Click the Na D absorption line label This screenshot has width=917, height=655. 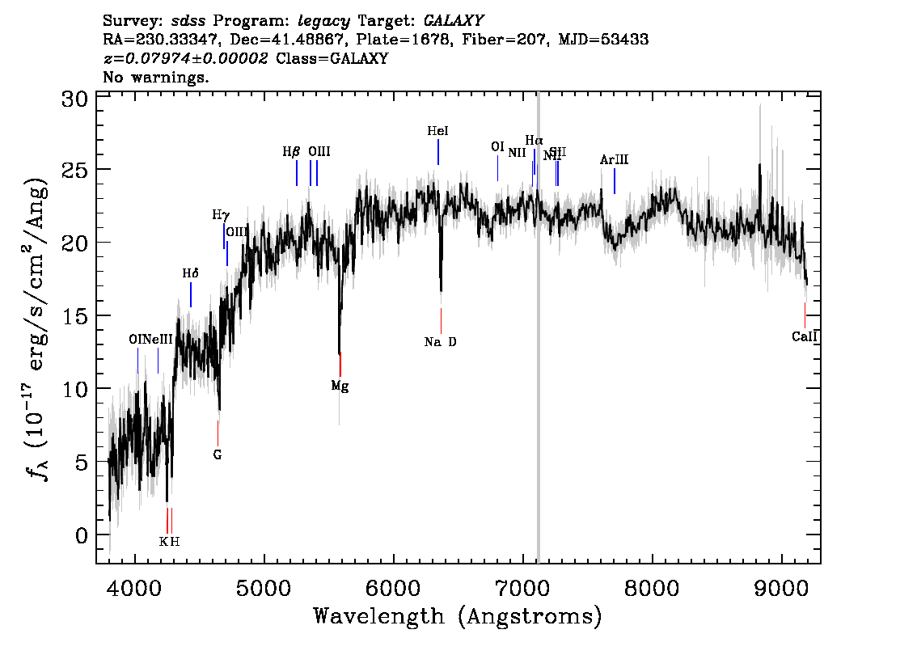pos(440,342)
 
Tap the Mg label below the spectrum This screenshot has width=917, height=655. pos(340,387)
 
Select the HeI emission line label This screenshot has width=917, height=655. pos(437,130)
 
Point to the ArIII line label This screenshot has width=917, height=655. pos(614,160)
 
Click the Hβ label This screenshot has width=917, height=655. pos(291,151)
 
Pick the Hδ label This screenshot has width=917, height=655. pos(190,273)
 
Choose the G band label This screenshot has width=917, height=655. pos(218,454)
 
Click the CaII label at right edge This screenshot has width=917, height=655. pos(805,336)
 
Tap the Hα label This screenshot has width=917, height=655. pos(534,141)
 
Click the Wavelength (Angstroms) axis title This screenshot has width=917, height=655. pos(458,617)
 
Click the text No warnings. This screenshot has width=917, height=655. pos(156,78)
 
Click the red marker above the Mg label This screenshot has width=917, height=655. pos(340,364)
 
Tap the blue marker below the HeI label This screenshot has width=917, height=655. pos(438,152)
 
